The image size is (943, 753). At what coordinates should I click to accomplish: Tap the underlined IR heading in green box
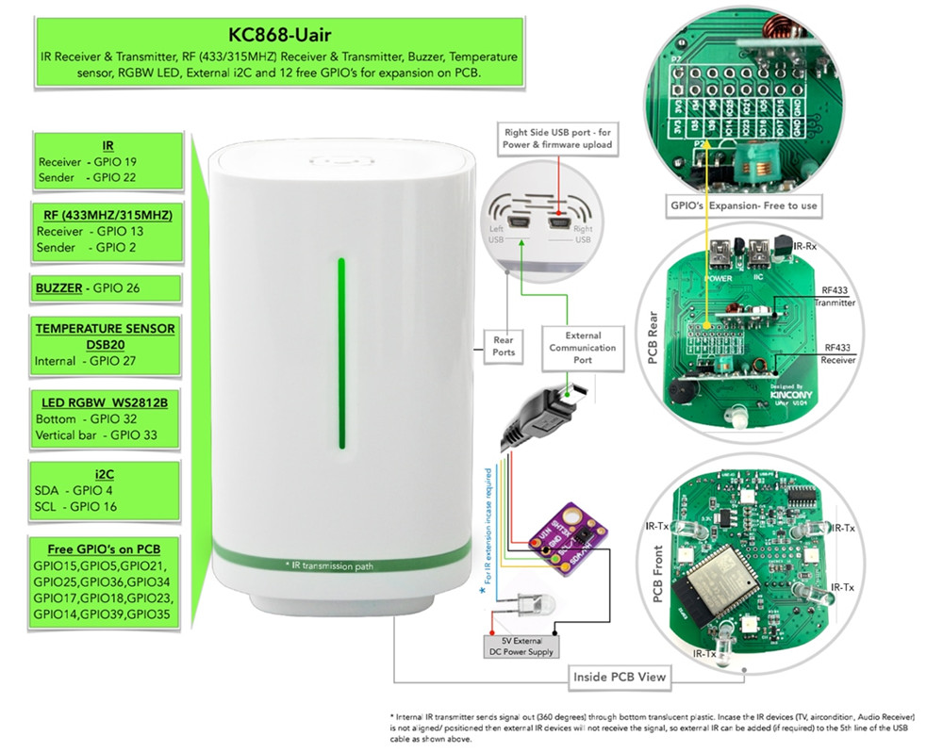(x=107, y=145)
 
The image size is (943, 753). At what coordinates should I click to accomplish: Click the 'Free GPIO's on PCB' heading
(x=104, y=549)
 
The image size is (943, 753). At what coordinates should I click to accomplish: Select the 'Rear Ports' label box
(x=504, y=347)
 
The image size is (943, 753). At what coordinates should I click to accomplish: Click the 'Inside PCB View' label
(x=620, y=676)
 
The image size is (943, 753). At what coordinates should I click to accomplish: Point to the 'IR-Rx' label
(x=803, y=245)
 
